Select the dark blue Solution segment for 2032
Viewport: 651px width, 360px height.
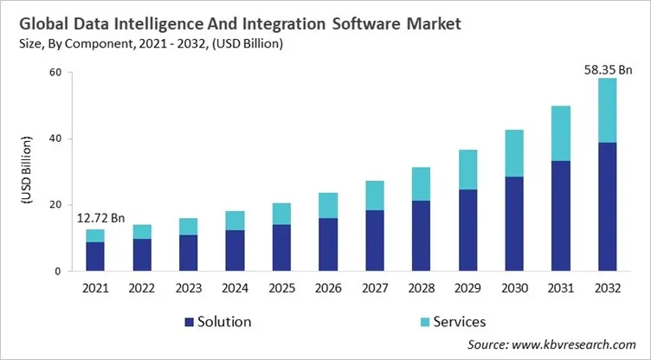pyautogui.click(x=608, y=207)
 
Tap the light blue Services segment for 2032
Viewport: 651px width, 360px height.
pyautogui.click(x=608, y=110)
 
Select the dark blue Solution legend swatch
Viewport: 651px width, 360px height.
pyautogui.click(x=190, y=322)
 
